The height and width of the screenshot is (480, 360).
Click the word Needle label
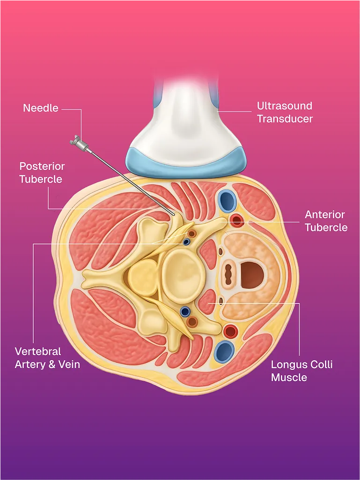(x=41, y=108)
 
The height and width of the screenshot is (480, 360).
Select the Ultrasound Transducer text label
(x=284, y=112)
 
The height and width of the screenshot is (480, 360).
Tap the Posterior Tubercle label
(x=42, y=172)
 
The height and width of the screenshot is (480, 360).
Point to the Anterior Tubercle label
(x=326, y=221)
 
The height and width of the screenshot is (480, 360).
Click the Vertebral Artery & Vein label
(x=47, y=357)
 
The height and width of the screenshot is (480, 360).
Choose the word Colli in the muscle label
(x=318, y=364)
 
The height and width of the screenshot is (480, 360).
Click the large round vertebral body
(x=183, y=274)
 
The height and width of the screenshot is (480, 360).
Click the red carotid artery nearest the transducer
(x=237, y=220)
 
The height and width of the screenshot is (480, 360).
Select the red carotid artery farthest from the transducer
(x=230, y=332)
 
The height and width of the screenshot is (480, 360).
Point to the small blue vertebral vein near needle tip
(x=187, y=242)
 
